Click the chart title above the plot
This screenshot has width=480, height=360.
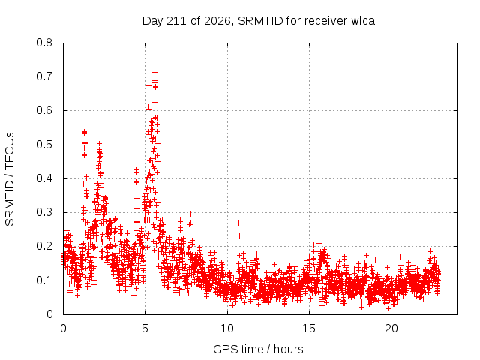click(x=259, y=21)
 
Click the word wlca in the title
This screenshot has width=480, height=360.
click(x=363, y=21)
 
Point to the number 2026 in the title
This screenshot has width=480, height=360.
click(x=217, y=21)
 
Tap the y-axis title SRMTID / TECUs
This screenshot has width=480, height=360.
click(x=10, y=179)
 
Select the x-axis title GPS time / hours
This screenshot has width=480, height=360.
click(x=258, y=349)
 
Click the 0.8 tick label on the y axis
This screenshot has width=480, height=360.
click(x=44, y=43)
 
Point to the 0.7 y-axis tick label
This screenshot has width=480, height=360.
click(x=44, y=76)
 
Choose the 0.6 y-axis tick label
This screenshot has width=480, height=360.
click(x=44, y=110)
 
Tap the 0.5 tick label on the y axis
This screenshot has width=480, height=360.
click(x=44, y=145)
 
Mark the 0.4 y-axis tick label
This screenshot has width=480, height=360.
click(x=44, y=178)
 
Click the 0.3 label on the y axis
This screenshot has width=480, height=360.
click(x=44, y=212)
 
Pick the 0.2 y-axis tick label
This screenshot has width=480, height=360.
click(x=44, y=246)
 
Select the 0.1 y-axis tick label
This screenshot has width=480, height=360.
click(x=44, y=280)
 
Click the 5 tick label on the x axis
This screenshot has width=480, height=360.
click(x=145, y=328)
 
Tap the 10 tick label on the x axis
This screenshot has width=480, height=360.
click(x=227, y=328)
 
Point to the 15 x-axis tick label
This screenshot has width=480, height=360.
click(x=309, y=328)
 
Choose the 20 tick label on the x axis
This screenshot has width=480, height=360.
click(x=391, y=328)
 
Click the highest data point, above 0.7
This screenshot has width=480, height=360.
click(x=155, y=72)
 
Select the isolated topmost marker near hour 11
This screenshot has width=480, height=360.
click(x=238, y=223)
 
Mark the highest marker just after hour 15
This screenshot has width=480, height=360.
click(x=313, y=232)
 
